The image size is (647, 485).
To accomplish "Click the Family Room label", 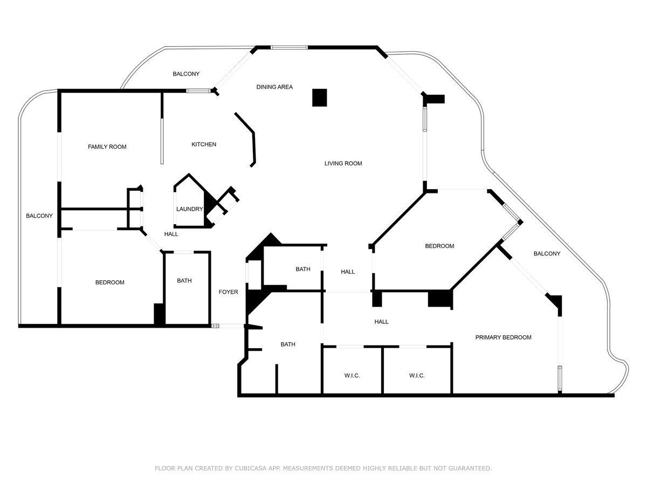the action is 107,147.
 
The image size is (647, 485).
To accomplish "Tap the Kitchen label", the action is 204,144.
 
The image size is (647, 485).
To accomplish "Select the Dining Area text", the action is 274,87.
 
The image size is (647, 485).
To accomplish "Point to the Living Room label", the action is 343,163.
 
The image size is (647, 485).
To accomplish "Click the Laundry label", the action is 190,209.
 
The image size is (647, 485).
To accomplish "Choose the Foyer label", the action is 228,292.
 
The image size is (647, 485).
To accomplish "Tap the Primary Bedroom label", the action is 503,337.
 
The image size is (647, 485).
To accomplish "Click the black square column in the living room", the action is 320,98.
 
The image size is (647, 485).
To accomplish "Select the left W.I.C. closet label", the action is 352,376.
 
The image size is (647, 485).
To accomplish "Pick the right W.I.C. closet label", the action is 417,376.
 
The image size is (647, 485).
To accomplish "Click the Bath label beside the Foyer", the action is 184,281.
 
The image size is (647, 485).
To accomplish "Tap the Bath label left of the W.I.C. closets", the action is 288,344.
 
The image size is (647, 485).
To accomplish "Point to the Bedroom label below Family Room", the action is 109,282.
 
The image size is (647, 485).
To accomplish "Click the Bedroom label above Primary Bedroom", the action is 439,246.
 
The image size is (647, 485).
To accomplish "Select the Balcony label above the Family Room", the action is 186,74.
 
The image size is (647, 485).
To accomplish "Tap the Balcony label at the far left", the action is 39,216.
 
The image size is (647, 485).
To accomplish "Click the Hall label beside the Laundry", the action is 171,234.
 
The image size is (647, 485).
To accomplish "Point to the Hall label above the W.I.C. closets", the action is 381,322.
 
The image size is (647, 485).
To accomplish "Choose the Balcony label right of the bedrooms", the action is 547,253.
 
